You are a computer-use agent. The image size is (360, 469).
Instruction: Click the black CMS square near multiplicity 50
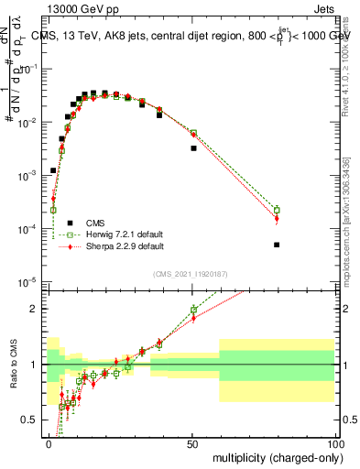click(193, 147)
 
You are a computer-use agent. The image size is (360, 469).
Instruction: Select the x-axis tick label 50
click(191, 442)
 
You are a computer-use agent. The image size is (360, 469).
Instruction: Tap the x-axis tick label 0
click(49, 442)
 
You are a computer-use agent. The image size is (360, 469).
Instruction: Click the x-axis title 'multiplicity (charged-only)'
click(275, 456)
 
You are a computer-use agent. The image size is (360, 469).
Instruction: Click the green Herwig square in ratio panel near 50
click(193, 310)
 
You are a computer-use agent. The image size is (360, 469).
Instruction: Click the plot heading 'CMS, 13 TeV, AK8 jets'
click(110, 36)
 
